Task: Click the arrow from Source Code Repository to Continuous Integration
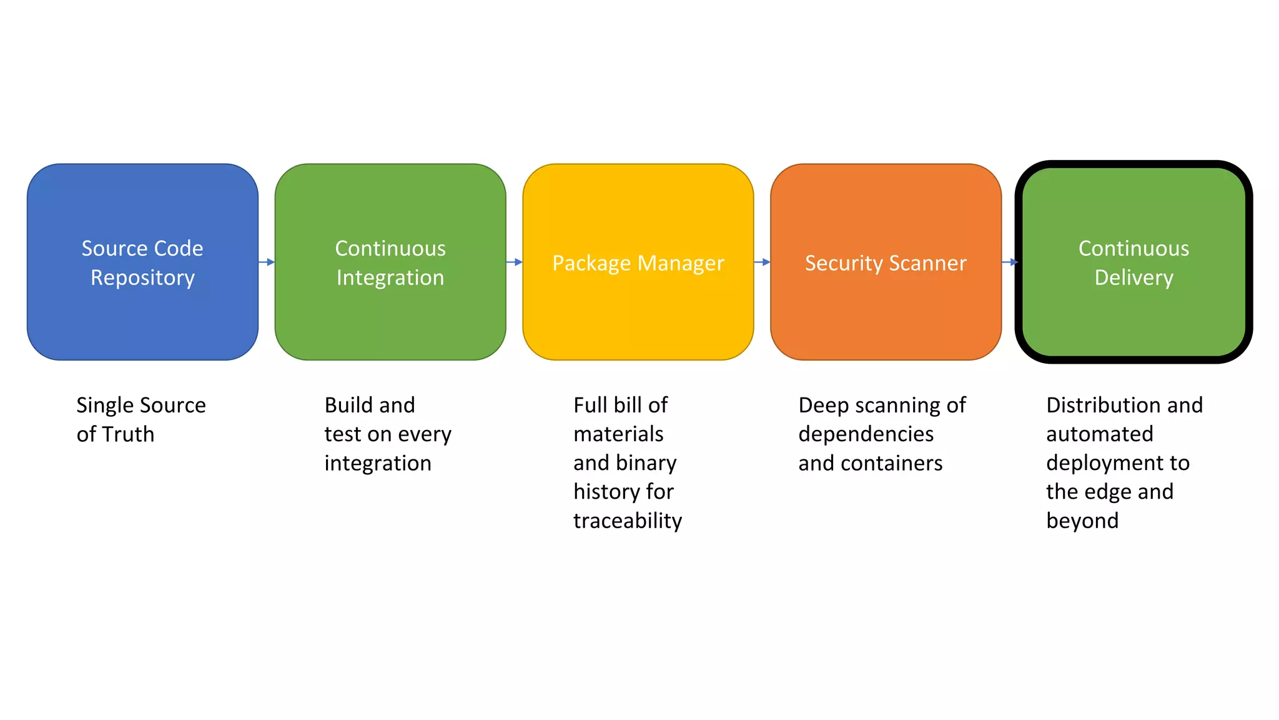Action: point(267,262)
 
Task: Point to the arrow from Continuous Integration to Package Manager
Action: point(515,262)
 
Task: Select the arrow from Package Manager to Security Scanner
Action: point(763,262)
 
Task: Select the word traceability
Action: point(628,521)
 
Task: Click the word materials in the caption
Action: point(618,434)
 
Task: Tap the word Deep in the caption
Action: point(824,406)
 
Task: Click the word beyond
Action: point(1082,521)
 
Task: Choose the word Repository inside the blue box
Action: point(142,277)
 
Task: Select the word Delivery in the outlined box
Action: point(1133,277)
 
